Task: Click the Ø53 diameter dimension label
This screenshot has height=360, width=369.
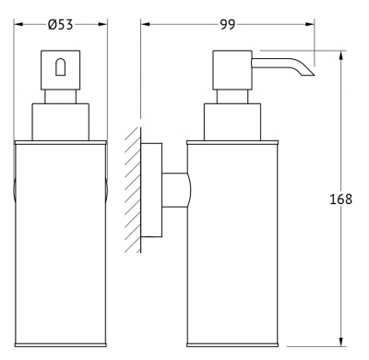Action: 61,24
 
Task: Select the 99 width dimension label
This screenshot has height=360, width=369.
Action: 228,24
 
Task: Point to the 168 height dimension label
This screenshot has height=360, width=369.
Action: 340,199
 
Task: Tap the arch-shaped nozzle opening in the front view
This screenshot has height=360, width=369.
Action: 60,67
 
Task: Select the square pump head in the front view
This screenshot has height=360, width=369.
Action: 60,70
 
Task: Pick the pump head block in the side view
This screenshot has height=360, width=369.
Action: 232,70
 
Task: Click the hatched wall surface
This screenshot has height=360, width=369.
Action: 133,190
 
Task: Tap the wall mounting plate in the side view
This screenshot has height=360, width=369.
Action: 151,190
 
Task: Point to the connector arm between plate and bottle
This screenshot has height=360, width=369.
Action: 176,190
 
